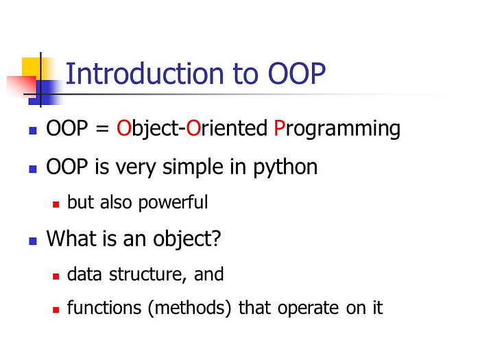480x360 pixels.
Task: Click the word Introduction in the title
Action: [x=134, y=74]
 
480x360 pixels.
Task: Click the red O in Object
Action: [x=123, y=129]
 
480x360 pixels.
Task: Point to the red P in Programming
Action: [x=280, y=129]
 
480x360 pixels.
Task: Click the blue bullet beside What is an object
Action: [x=32, y=241]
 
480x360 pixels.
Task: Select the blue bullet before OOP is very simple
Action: [x=32, y=167]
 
